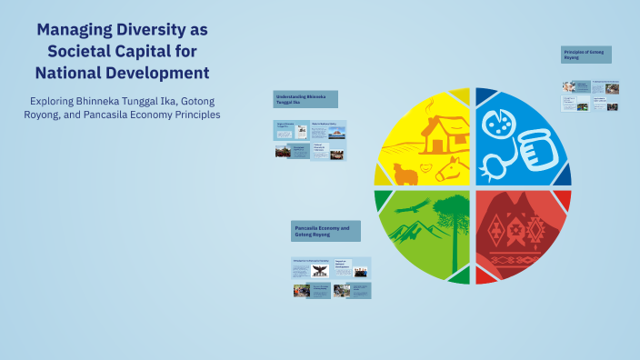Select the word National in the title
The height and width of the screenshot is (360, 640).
74,72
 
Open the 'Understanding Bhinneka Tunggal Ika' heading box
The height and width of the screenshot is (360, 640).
305,99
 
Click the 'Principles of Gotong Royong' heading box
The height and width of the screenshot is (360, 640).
586,55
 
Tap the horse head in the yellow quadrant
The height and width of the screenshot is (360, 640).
448,168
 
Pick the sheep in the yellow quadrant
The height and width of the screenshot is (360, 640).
405,173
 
